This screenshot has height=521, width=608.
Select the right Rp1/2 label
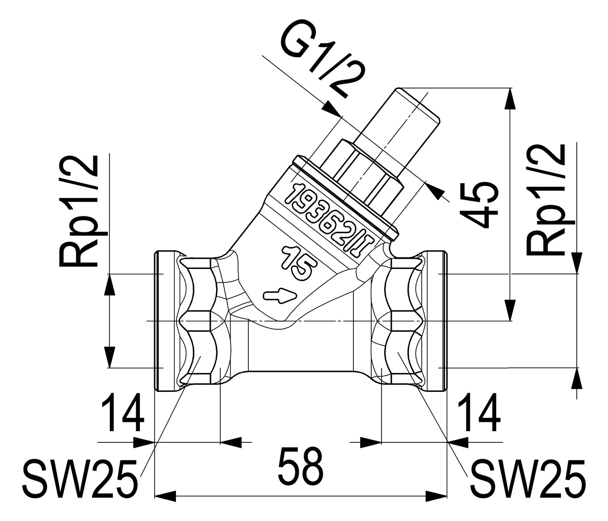[546, 200]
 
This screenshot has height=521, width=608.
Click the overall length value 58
[300, 467]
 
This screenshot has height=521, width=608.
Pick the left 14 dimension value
[122, 414]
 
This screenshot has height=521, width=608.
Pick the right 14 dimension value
[478, 414]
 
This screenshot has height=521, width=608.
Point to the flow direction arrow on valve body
[279, 295]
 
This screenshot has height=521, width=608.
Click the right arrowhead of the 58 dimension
[437, 496]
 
